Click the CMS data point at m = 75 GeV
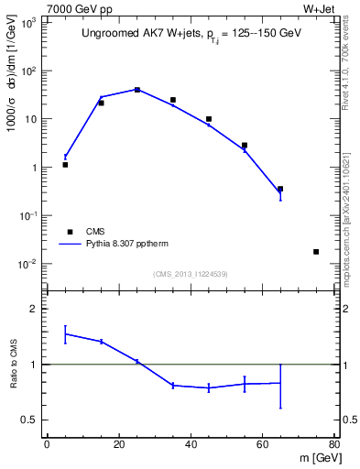(x=316, y=251)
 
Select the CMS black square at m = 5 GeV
(x=65, y=165)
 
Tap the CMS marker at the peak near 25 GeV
(x=137, y=90)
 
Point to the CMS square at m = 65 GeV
(x=280, y=189)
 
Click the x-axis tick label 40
(x=191, y=445)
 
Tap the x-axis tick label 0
(x=47, y=445)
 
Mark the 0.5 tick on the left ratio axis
(x=30, y=420)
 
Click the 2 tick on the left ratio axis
(x=34, y=310)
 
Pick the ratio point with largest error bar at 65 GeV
(x=280, y=383)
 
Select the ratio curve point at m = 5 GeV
(x=65, y=334)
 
